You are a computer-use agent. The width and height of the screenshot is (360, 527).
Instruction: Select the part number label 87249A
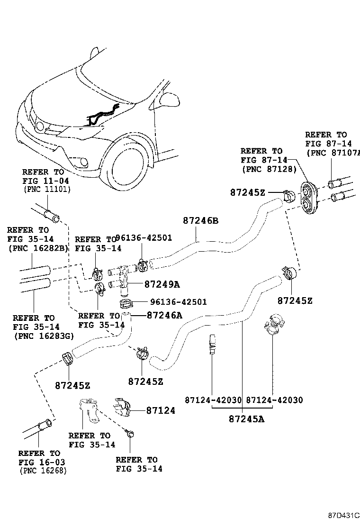coord(162,284)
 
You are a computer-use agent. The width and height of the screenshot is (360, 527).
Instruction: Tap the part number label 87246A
coord(164,315)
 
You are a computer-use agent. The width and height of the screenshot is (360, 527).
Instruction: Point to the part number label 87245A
coord(246,419)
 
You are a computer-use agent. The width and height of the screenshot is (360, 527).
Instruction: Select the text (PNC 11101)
coord(46,189)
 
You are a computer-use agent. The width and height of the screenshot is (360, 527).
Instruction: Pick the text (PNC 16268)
coord(43,471)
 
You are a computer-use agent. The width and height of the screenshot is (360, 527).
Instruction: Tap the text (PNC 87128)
coord(269,169)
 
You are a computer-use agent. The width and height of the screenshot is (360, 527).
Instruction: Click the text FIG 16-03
coord(42,462)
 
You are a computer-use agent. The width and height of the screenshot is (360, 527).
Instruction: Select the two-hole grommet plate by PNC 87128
coord(308,197)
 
